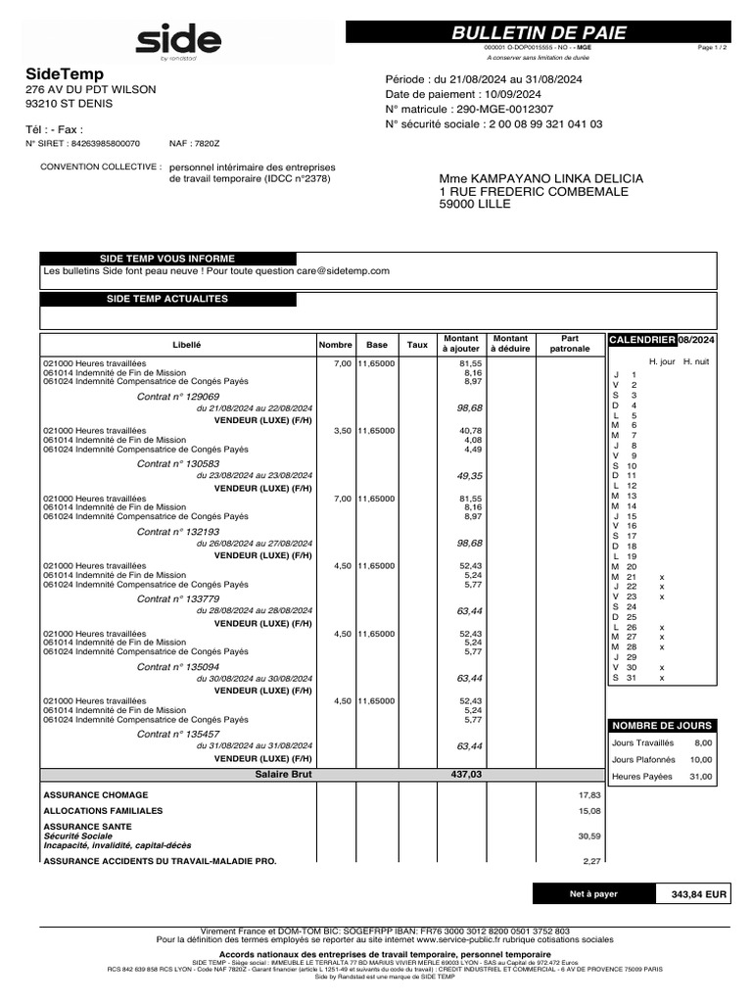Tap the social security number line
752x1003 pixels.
(493, 124)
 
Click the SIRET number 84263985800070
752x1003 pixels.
(98, 143)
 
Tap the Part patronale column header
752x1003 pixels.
(570, 344)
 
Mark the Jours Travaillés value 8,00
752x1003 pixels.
(702, 743)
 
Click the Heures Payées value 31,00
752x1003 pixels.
(700, 777)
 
